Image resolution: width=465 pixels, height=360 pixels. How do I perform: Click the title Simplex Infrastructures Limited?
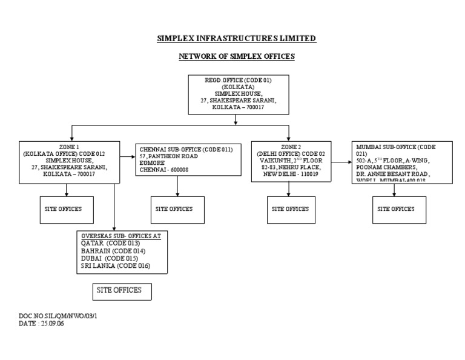[x=236, y=39]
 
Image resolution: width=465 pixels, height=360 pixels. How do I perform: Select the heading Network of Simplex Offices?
[x=236, y=56]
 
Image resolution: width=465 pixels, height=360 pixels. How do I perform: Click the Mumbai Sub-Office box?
[x=395, y=162]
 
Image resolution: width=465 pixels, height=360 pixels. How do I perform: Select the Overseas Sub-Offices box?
[x=122, y=250]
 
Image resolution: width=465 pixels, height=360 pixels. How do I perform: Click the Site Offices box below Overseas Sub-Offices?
[x=120, y=291]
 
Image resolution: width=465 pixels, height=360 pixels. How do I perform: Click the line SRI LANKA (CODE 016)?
[x=115, y=265]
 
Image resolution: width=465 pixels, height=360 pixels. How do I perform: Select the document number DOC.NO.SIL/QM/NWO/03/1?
[x=58, y=316]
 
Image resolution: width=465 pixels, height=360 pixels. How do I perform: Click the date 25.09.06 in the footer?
[x=53, y=324]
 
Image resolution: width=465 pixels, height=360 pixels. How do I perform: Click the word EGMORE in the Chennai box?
[x=152, y=163]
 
